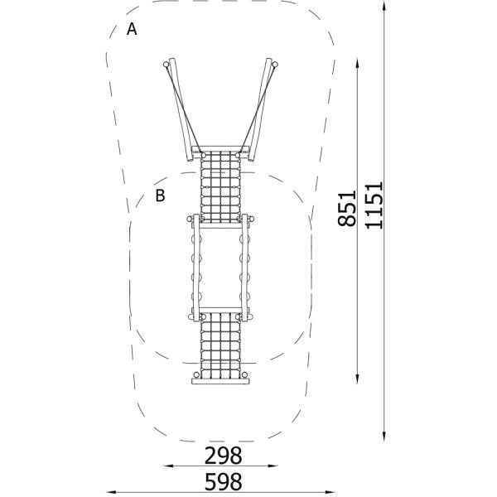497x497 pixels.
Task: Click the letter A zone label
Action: pyautogui.click(x=132, y=29)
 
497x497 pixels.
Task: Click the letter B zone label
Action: pyautogui.click(x=160, y=195)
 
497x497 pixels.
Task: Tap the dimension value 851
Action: pyautogui.click(x=347, y=209)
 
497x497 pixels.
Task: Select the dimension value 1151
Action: pyautogui.click(x=374, y=205)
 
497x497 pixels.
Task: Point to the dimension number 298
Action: pyautogui.click(x=223, y=456)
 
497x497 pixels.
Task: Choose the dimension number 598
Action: pyautogui.click(x=223, y=482)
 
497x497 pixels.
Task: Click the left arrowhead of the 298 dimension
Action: pyautogui.click(x=168, y=466)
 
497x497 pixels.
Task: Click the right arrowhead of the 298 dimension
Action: pyautogui.click(x=273, y=466)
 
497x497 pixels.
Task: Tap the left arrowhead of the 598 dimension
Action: pyautogui.click(x=111, y=492)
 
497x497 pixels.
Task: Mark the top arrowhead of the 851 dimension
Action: pyautogui.click(x=357, y=64)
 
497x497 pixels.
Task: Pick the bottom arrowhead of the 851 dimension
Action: pyautogui.click(x=357, y=379)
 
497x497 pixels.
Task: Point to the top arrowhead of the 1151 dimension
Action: pyautogui.click(x=384, y=6)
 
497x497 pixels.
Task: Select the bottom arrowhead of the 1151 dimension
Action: pyautogui.click(x=384, y=436)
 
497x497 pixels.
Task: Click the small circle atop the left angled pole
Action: pyautogui.click(x=166, y=65)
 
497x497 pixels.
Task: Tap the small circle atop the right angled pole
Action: pyautogui.click(x=275, y=65)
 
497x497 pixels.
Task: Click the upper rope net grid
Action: pyautogui.click(x=220, y=187)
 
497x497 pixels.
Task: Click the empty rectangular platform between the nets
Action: pyautogui.click(x=220, y=268)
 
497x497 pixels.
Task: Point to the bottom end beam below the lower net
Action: pyautogui.click(x=220, y=381)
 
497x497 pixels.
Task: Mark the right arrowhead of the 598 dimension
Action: pyautogui.click(x=330, y=492)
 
